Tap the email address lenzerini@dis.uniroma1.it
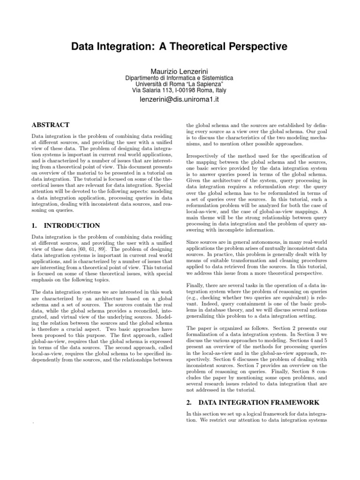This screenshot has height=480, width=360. tap(180, 100)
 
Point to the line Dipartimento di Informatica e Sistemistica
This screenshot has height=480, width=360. tap(180, 78)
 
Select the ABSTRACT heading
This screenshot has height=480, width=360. tap(50, 125)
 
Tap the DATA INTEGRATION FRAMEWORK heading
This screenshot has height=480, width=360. tap(259, 402)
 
